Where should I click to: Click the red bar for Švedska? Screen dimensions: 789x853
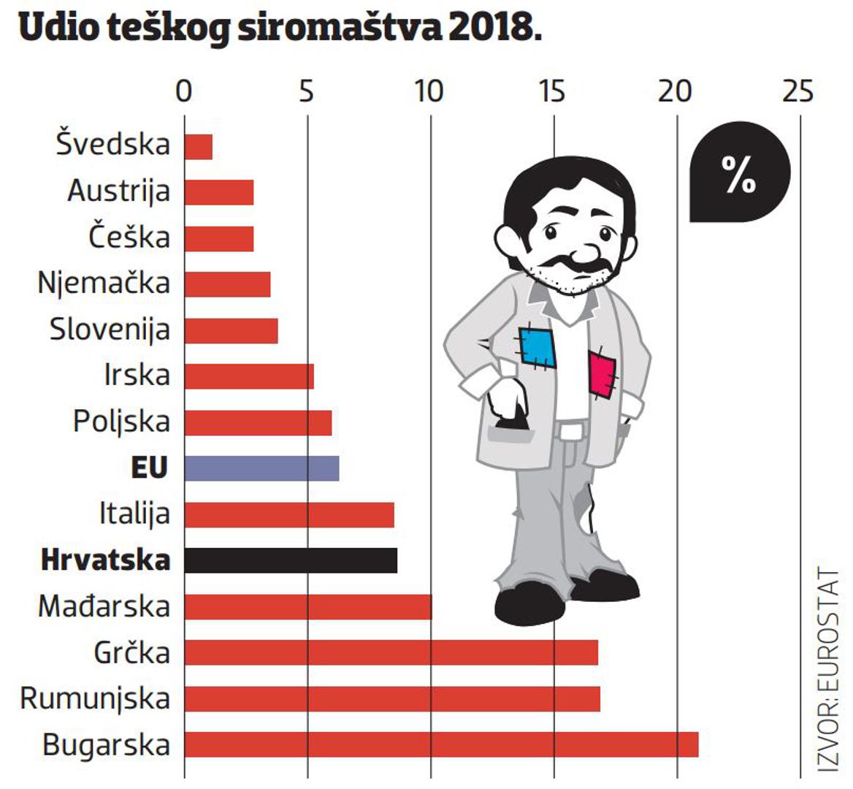coord(198,147)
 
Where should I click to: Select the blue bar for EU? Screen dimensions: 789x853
coord(261,468)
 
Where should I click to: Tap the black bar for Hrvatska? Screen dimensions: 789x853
coord(291,560)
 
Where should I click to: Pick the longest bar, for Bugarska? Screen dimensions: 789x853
coord(441,744)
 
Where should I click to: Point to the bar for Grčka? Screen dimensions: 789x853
coord(391,652)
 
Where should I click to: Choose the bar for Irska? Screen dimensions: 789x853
coord(249,376)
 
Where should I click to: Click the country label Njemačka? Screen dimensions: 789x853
coord(104,283)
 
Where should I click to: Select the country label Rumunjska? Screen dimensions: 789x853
coord(95,698)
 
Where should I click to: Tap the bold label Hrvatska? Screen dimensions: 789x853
coord(106,560)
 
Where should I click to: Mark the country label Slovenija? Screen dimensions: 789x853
coord(110,329)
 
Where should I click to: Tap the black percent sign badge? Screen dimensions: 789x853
coord(739,175)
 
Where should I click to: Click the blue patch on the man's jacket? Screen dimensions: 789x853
coord(538,348)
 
